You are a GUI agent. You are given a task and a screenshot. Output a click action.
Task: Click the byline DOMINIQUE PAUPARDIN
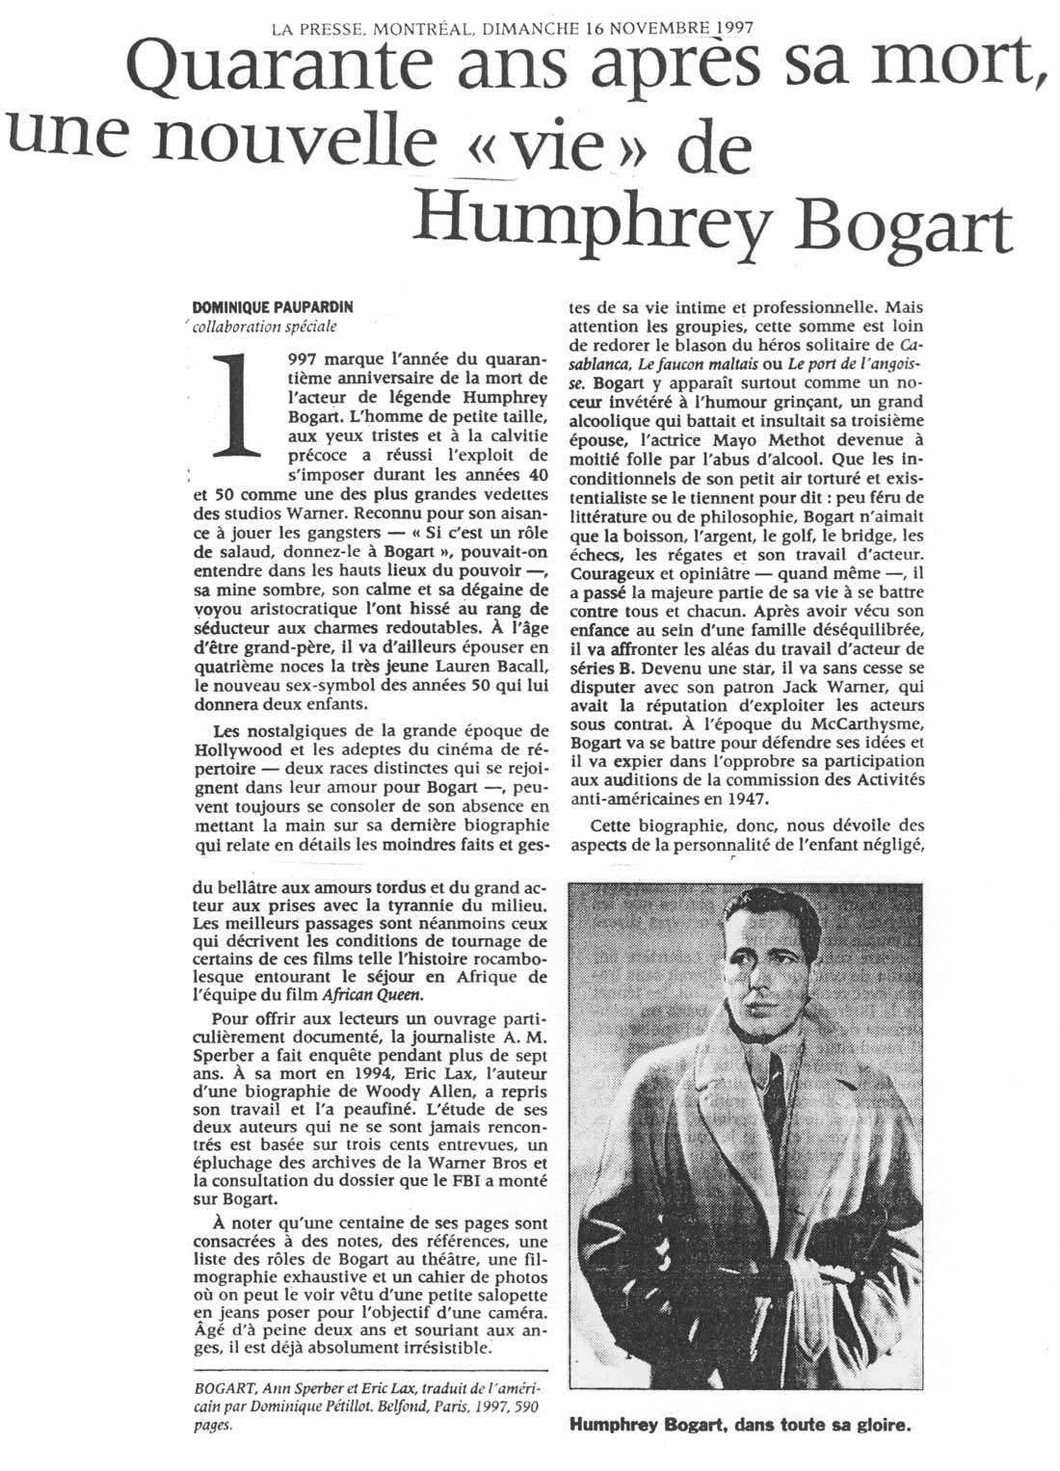coord(273,307)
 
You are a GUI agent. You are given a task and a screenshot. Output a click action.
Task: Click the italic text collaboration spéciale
coord(264,326)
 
